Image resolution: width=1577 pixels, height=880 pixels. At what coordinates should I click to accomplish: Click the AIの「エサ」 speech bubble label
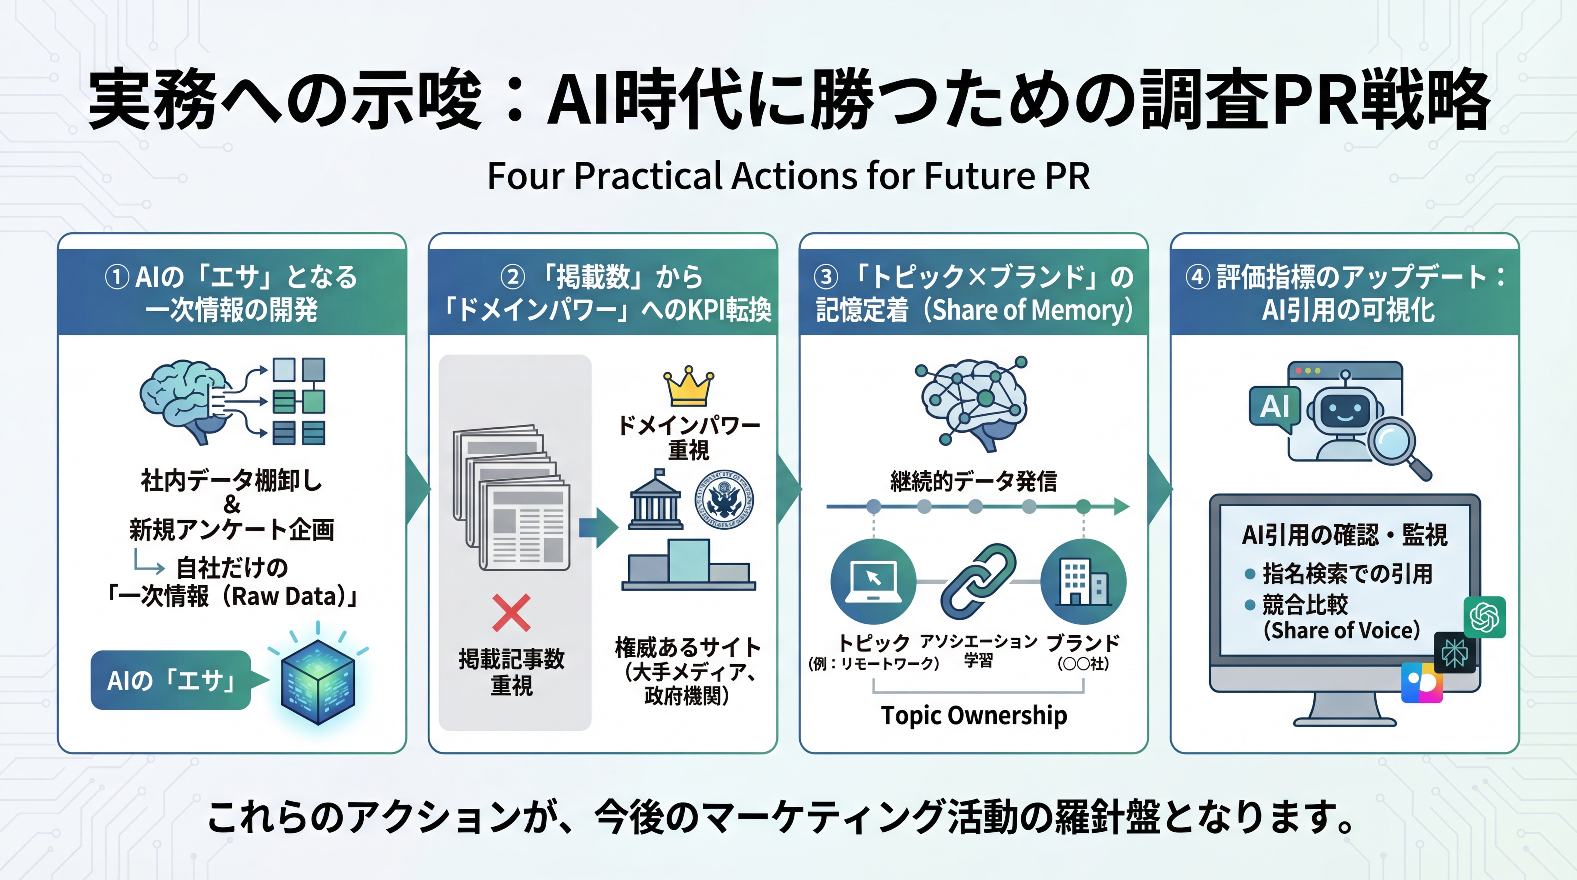[x=171, y=680]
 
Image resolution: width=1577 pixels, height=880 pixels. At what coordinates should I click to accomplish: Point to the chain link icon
[x=978, y=581]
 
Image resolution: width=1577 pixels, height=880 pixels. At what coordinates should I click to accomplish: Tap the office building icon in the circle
[x=1083, y=581]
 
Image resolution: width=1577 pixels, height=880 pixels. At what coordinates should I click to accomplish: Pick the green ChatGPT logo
[x=1485, y=617]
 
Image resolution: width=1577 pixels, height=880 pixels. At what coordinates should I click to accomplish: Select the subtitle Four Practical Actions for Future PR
[x=788, y=176]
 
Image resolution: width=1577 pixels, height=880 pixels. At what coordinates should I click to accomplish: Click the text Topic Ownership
[x=973, y=715]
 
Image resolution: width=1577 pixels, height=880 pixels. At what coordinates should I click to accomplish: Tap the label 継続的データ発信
[x=973, y=481]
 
